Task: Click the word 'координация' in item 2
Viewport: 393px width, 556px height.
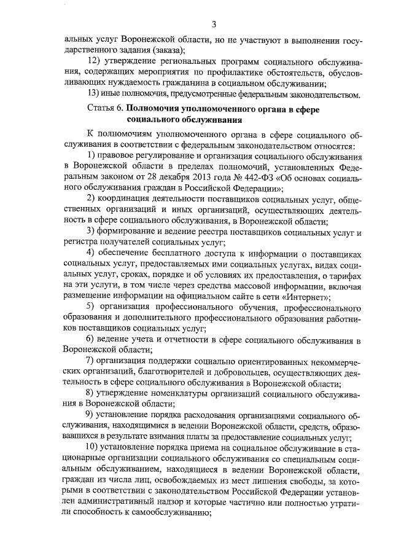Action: (128, 198)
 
